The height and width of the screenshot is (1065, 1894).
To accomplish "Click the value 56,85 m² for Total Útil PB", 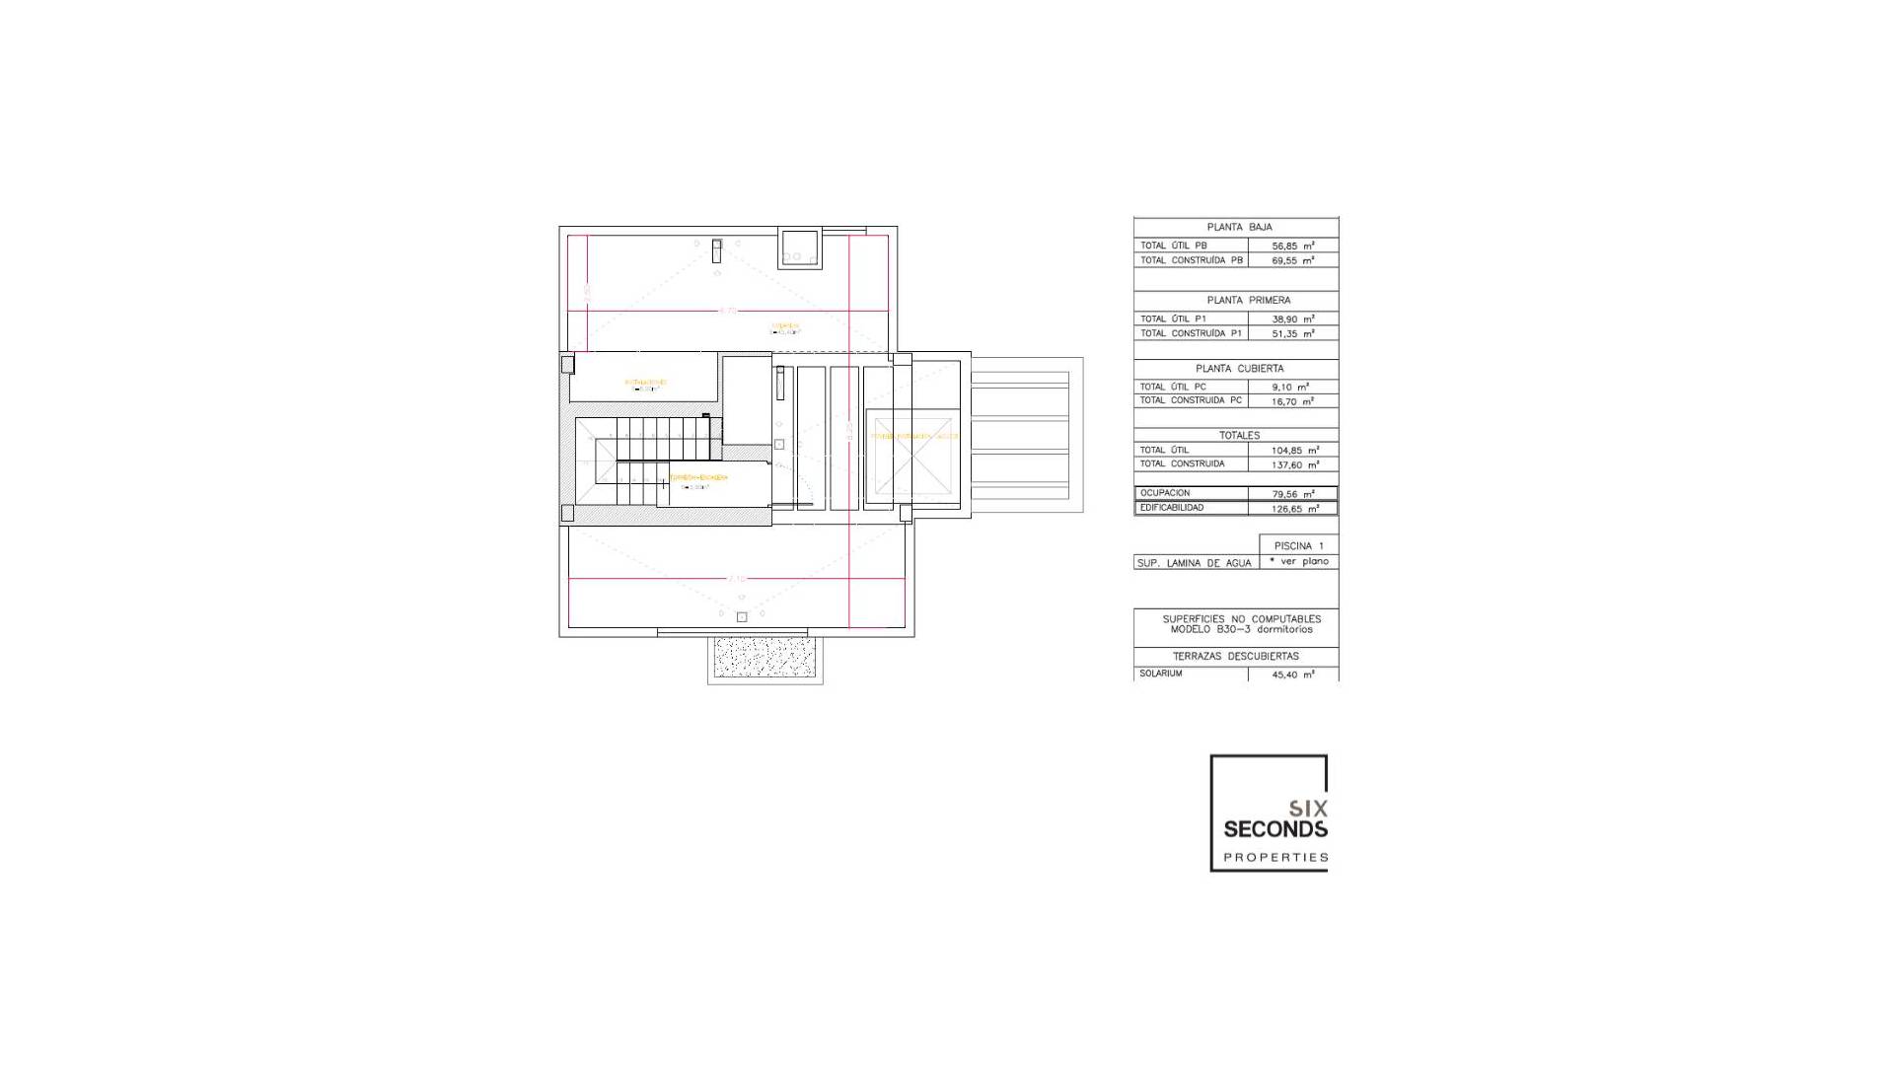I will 1292,246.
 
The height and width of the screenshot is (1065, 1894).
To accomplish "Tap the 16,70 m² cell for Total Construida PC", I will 1292,401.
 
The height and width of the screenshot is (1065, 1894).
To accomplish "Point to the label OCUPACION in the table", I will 1165,493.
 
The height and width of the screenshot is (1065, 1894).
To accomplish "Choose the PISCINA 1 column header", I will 1298,545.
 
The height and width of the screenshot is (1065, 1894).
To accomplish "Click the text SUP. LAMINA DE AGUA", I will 1194,563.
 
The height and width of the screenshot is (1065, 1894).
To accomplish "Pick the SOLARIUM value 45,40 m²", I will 1292,674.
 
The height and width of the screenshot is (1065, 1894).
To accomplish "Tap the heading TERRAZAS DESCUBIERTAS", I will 1235,656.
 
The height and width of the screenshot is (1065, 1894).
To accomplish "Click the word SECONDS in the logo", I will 1275,829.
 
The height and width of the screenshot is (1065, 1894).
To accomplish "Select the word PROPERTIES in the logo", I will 1275,857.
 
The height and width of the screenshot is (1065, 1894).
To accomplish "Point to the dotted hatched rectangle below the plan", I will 765,657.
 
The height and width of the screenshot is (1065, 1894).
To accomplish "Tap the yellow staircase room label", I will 698,477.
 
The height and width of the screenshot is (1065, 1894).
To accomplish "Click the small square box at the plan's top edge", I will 799,248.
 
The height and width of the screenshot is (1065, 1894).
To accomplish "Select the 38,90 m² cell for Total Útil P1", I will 1292,319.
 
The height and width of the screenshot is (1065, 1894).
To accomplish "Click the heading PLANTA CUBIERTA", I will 1239,368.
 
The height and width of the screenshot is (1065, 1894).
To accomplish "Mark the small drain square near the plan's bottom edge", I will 742,617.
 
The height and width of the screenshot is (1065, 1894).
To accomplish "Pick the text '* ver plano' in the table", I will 1299,561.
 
